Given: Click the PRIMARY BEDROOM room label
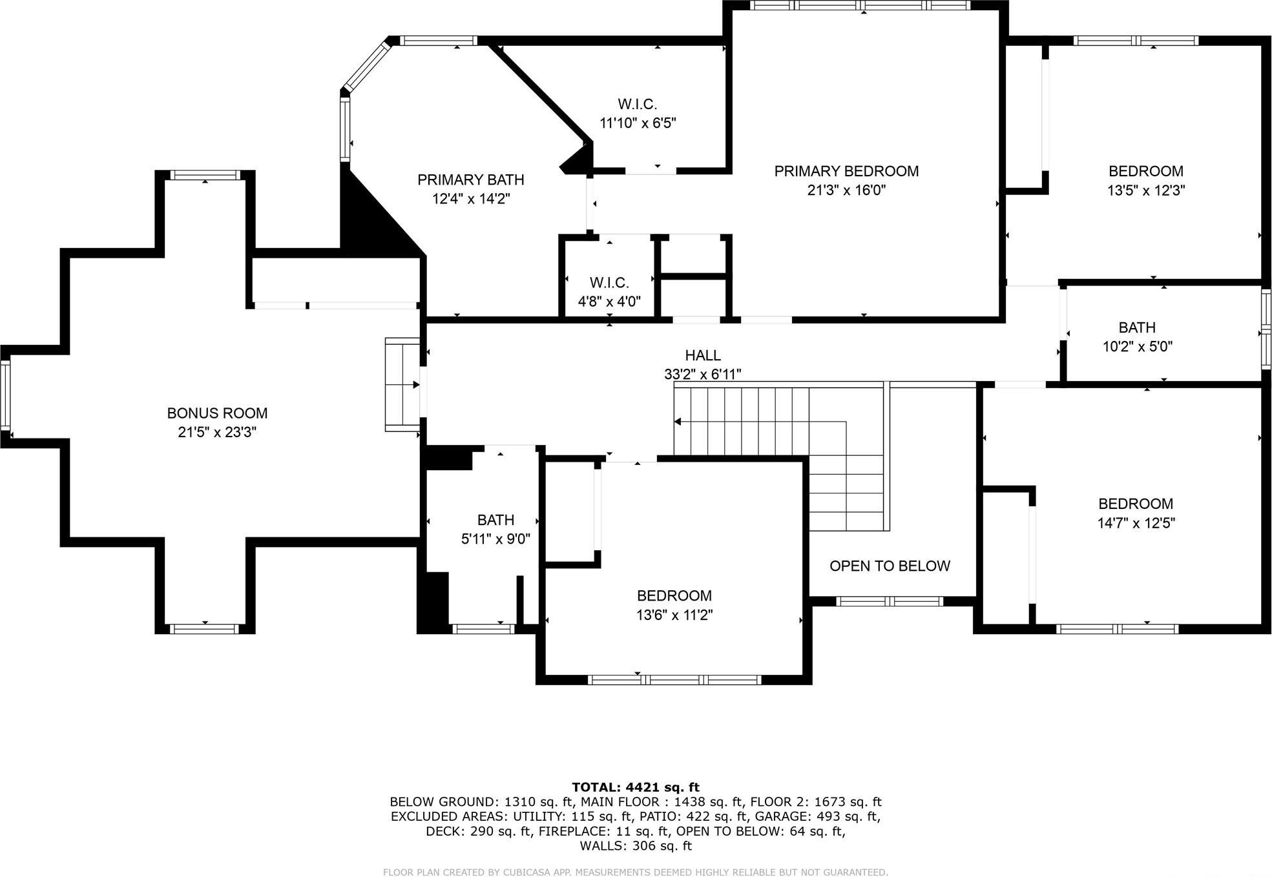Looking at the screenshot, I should (846, 171).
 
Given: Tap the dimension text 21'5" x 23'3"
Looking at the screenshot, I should (217, 432).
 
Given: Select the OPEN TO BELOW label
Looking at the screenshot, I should (890, 566).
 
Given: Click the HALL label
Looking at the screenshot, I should (703, 355).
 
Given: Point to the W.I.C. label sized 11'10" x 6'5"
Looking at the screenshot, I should (637, 104).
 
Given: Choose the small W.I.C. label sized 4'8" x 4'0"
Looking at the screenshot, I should (609, 283).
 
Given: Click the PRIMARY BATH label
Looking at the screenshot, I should (470, 180).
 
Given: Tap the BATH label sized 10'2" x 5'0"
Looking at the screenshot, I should (1137, 327).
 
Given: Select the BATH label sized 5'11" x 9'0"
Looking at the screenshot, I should (495, 520).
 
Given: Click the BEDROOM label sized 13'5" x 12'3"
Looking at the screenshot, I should (1146, 171).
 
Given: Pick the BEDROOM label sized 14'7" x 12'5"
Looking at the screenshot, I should (1136, 504).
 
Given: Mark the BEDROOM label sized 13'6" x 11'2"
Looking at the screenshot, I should (674, 595).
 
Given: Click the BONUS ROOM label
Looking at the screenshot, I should (217, 413).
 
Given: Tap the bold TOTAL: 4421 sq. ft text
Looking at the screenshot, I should (636, 787).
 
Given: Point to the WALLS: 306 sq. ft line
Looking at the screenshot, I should (636, 845).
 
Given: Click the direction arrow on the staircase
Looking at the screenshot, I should (678, 422).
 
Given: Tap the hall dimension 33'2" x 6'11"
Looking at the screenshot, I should (703, 374).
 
